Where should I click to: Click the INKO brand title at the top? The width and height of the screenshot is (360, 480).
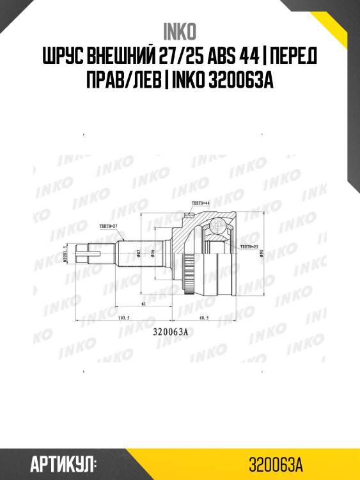tap(180, 30)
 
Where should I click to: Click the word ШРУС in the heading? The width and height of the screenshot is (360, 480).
tap(66, 58)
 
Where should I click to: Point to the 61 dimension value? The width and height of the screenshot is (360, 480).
tap(145, 305)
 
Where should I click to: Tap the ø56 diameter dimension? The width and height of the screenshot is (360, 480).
tap(152, 253)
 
